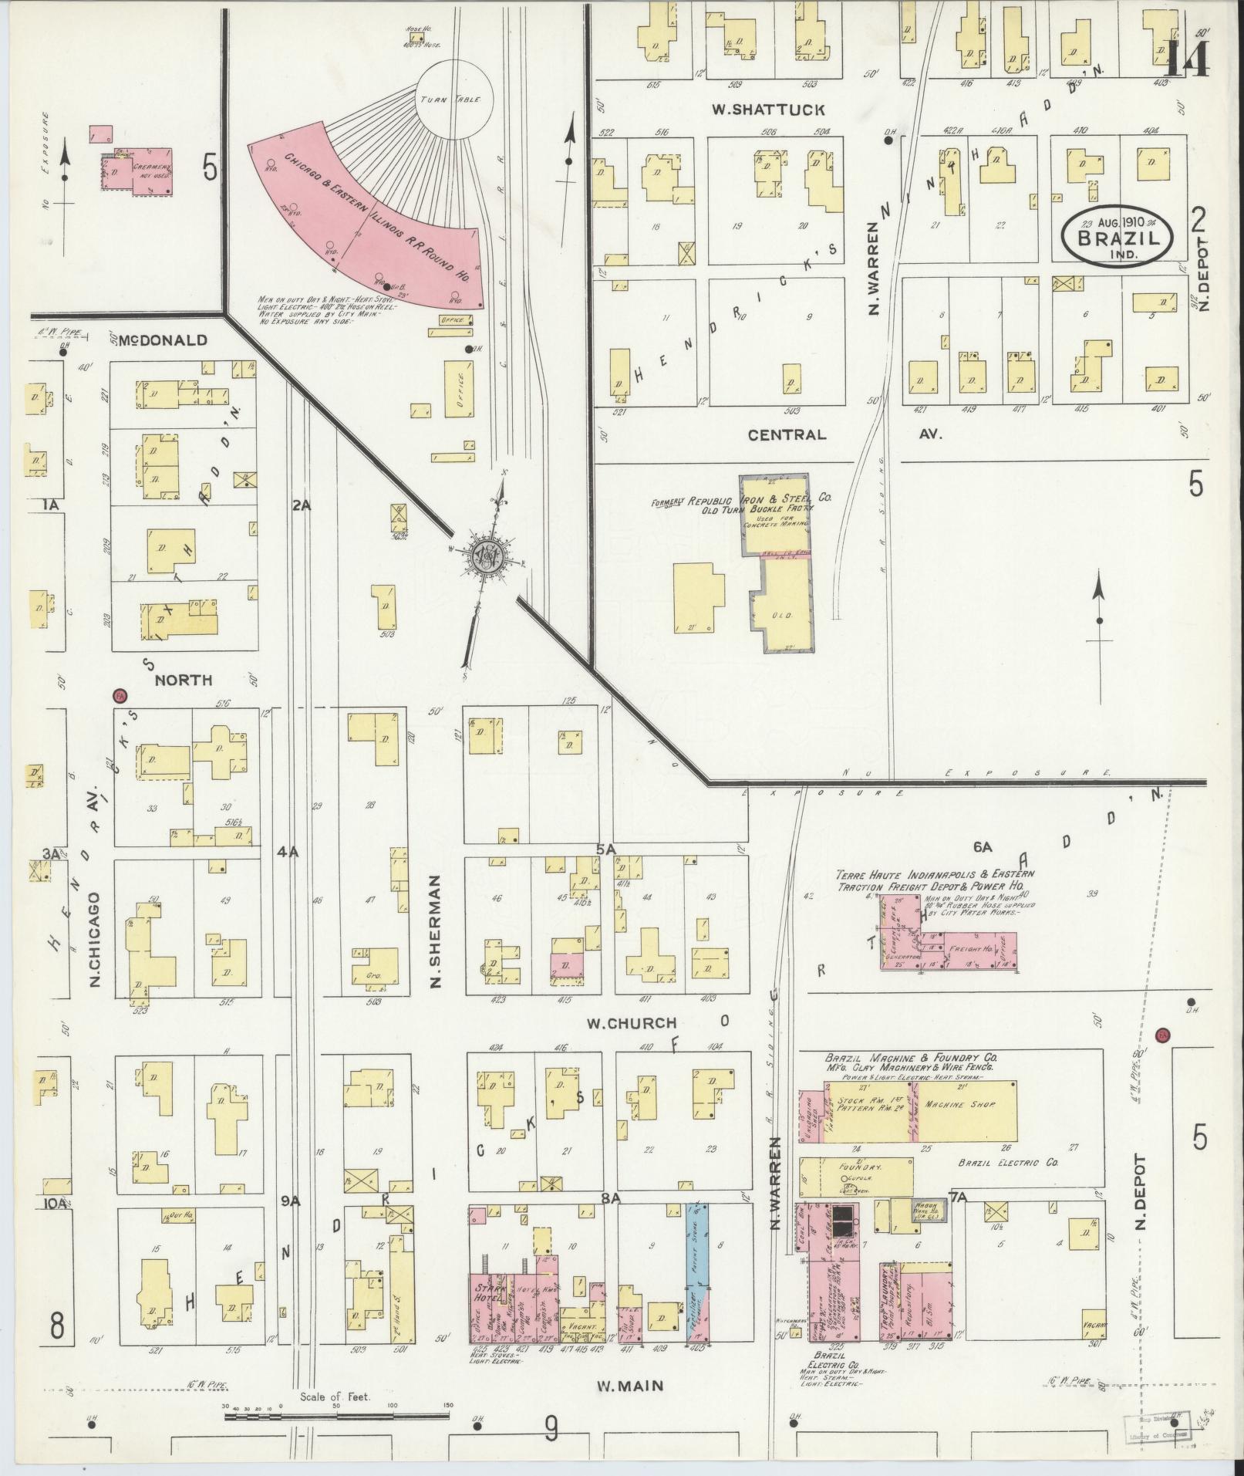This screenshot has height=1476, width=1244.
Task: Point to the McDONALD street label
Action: click(x=163, y=339)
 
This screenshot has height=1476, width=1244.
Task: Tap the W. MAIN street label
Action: click(x=630, y=1386)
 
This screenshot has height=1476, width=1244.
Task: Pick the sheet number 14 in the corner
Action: click(x=1185, y=57)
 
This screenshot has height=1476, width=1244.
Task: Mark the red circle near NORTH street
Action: click(x=119, y=696)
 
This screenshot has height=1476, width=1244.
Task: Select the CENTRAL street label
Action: click(x=787, y=434)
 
